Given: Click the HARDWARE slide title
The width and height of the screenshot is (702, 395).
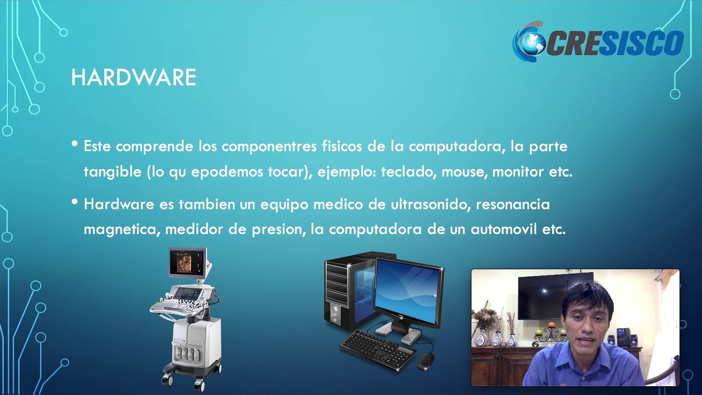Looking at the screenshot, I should click(133, 78).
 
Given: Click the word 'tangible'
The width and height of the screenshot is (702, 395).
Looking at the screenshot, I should click(112, 172).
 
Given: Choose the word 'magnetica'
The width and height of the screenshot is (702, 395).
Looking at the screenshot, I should click(121, 229).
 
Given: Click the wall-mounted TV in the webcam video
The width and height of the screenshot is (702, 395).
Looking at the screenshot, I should click(547, 296).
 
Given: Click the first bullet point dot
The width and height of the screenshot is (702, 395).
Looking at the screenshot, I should click(75, 145).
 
